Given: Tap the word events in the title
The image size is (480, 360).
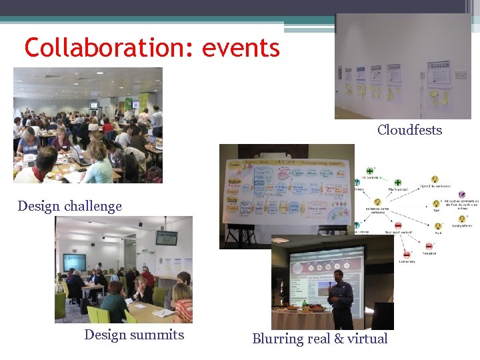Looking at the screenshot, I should tap(241, 47).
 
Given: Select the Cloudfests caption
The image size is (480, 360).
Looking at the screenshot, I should tap(409, 130).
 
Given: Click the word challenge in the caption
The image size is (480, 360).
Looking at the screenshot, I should tap(97, 206).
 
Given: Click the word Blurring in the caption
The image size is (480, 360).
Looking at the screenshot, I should tap(277, 339).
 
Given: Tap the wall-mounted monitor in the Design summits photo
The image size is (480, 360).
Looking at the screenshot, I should tap(166, 237).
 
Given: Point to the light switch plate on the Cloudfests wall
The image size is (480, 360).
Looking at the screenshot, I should tap(460, 75).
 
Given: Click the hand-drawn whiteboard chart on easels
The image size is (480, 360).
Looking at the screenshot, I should tap(287, 189).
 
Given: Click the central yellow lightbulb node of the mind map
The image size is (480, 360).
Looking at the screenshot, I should tap(377, 201).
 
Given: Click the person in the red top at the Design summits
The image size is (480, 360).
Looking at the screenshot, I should tap(148, 275).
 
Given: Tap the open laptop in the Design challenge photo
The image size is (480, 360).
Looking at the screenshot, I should tap(79, 157).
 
